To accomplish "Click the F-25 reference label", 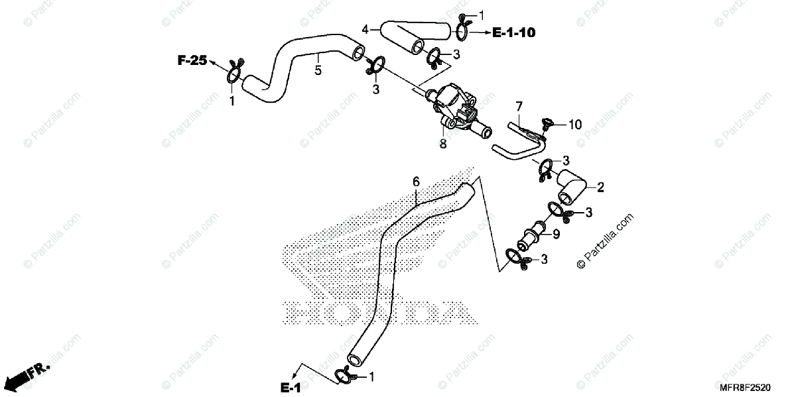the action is (x=192, y=60).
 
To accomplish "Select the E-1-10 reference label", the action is (x=514, y=32).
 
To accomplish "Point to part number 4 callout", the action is (x=365, y=29).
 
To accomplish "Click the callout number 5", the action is (x=318, y=70).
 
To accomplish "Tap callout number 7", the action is (x=519, y=105).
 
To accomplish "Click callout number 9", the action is (x=556, y=234).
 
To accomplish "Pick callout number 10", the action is (x=574, y=124).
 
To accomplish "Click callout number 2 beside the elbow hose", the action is (x=600, y=188).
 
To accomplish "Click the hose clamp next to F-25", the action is (x=233, y=74).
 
